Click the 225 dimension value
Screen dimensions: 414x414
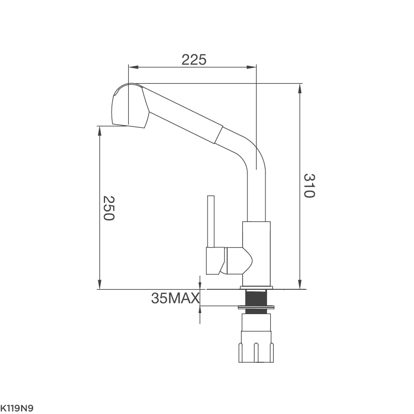[x=194, y=60]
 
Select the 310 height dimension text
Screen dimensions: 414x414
[x=309, y=186]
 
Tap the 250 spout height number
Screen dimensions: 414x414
[x=108, y=208]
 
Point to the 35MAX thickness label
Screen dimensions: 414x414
[x=175, y=298]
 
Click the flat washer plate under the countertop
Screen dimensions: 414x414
[x=256, y=308]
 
